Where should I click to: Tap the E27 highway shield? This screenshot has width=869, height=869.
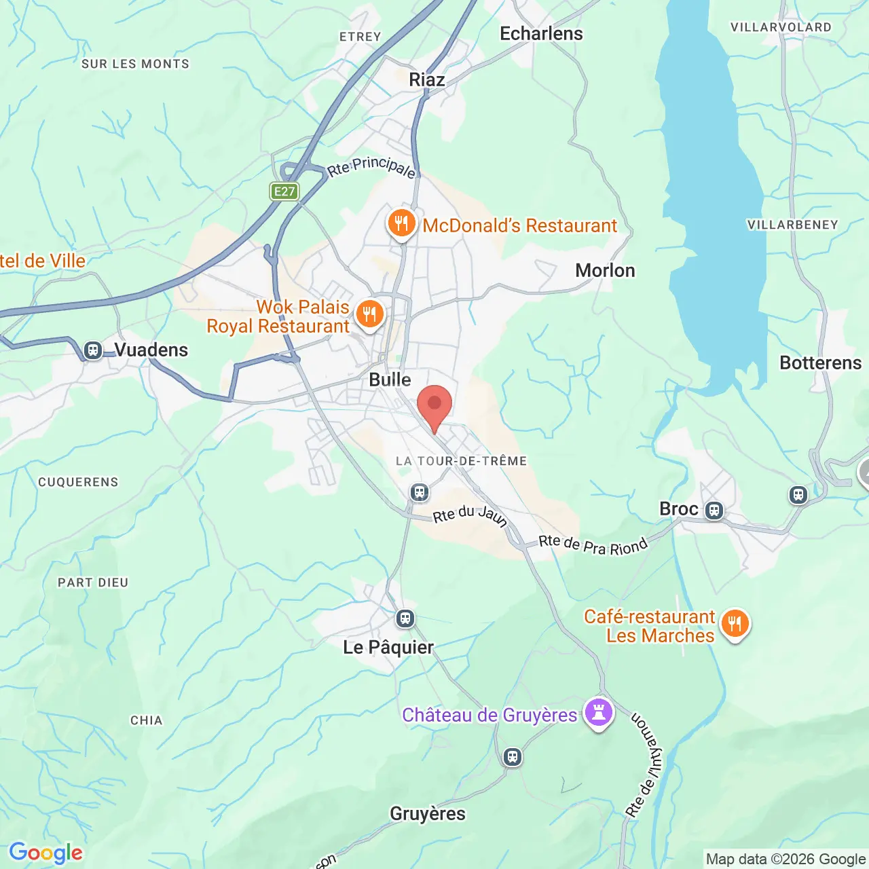[284, 191]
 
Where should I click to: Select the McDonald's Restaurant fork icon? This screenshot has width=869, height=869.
[401, 223]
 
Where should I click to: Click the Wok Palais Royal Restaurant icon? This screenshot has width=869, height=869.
[369, 315]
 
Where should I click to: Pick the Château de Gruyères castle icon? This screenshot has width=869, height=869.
[599, 712]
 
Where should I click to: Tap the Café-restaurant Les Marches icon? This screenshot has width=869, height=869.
[735, 623]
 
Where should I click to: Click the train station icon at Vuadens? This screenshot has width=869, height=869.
[93, 350]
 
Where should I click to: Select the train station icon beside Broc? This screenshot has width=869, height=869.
[714, 510]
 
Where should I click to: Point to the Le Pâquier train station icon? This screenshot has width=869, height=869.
[405, 618]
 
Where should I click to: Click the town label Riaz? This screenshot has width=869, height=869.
[427, 79]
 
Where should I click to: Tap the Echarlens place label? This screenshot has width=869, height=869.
[541, 34]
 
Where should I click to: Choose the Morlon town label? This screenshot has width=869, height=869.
[605, 270]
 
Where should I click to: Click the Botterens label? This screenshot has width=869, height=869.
[820, 363]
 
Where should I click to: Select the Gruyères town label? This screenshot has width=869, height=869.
[428, 813]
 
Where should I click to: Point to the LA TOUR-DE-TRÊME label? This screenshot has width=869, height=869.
[462, 461]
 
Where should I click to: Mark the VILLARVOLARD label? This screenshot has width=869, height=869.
[781, 27]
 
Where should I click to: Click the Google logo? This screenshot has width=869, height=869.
[46, 853]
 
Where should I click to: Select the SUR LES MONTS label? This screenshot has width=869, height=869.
[135, 64]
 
